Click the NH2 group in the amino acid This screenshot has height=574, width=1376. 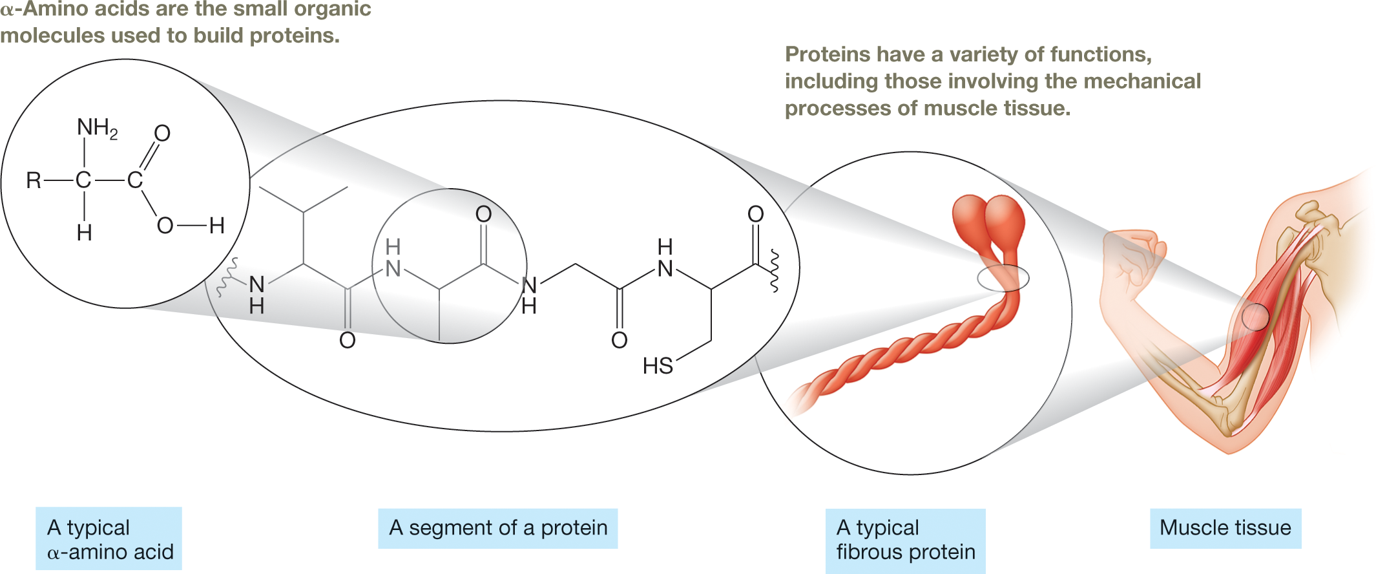tap(96, 128)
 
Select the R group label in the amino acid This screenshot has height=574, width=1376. tap(34, 180)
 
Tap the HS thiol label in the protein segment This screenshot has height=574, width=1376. tap(658, 367)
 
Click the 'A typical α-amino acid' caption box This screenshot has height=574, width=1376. tap(109, 539)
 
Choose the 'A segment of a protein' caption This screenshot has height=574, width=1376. tap(497, 528)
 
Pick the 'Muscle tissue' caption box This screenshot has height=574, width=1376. tap(1225, 528)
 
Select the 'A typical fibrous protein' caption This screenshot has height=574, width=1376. tap(905, 540)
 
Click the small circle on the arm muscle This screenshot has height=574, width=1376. tap(1255, 317)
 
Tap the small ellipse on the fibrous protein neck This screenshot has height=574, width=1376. tap(1003, 278)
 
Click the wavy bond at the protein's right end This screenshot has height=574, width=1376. tap(774, 271)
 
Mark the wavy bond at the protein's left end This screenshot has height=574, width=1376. tap(227, 278)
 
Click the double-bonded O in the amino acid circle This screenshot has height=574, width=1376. tap(162, 133)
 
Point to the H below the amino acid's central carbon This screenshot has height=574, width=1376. tap(84, 233)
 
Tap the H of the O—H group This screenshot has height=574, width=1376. tap(217, 226)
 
